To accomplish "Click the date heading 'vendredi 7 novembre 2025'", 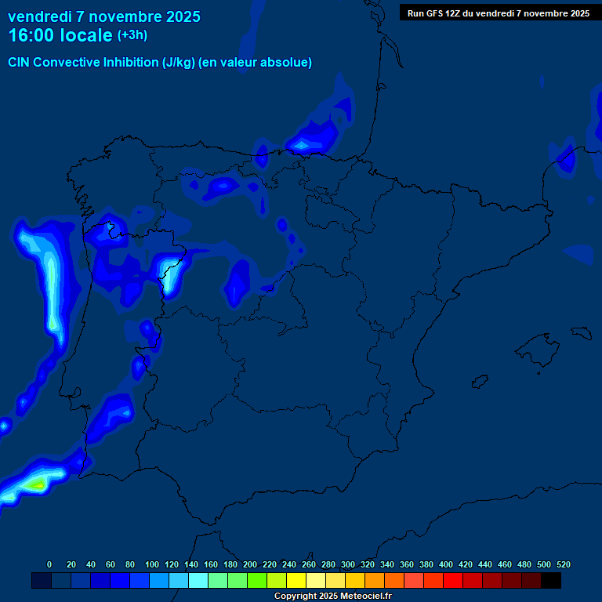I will (104, 16).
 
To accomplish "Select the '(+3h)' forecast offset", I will (132, 35).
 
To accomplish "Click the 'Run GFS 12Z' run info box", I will (498, 13).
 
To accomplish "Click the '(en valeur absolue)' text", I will (256, 63).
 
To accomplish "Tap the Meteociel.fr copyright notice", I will (332, 597).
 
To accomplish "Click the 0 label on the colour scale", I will (49, 564).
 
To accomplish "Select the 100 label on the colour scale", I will (152, 564).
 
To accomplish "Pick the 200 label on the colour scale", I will (250, 564).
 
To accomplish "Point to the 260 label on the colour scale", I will (309, 564).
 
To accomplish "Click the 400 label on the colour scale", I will (446, 564).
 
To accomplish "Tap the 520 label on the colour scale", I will (563, 564).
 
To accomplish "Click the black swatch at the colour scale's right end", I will (551, 581).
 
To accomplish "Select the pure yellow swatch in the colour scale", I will (296, 581).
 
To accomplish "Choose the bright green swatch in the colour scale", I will (257, 581).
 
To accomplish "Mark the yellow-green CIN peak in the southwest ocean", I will (35, 485).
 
